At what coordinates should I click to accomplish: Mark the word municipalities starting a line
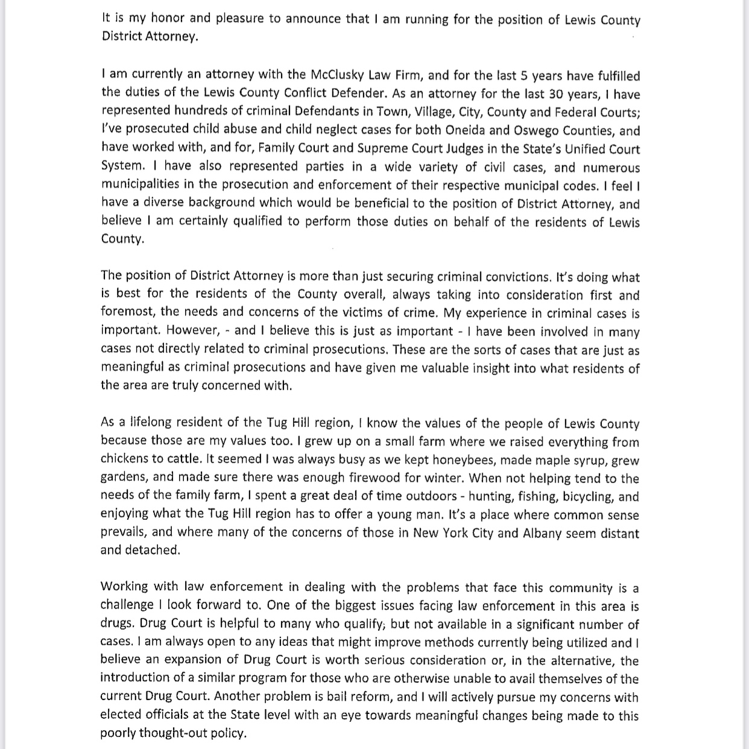pyautogui.click(x=144, y=185)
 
